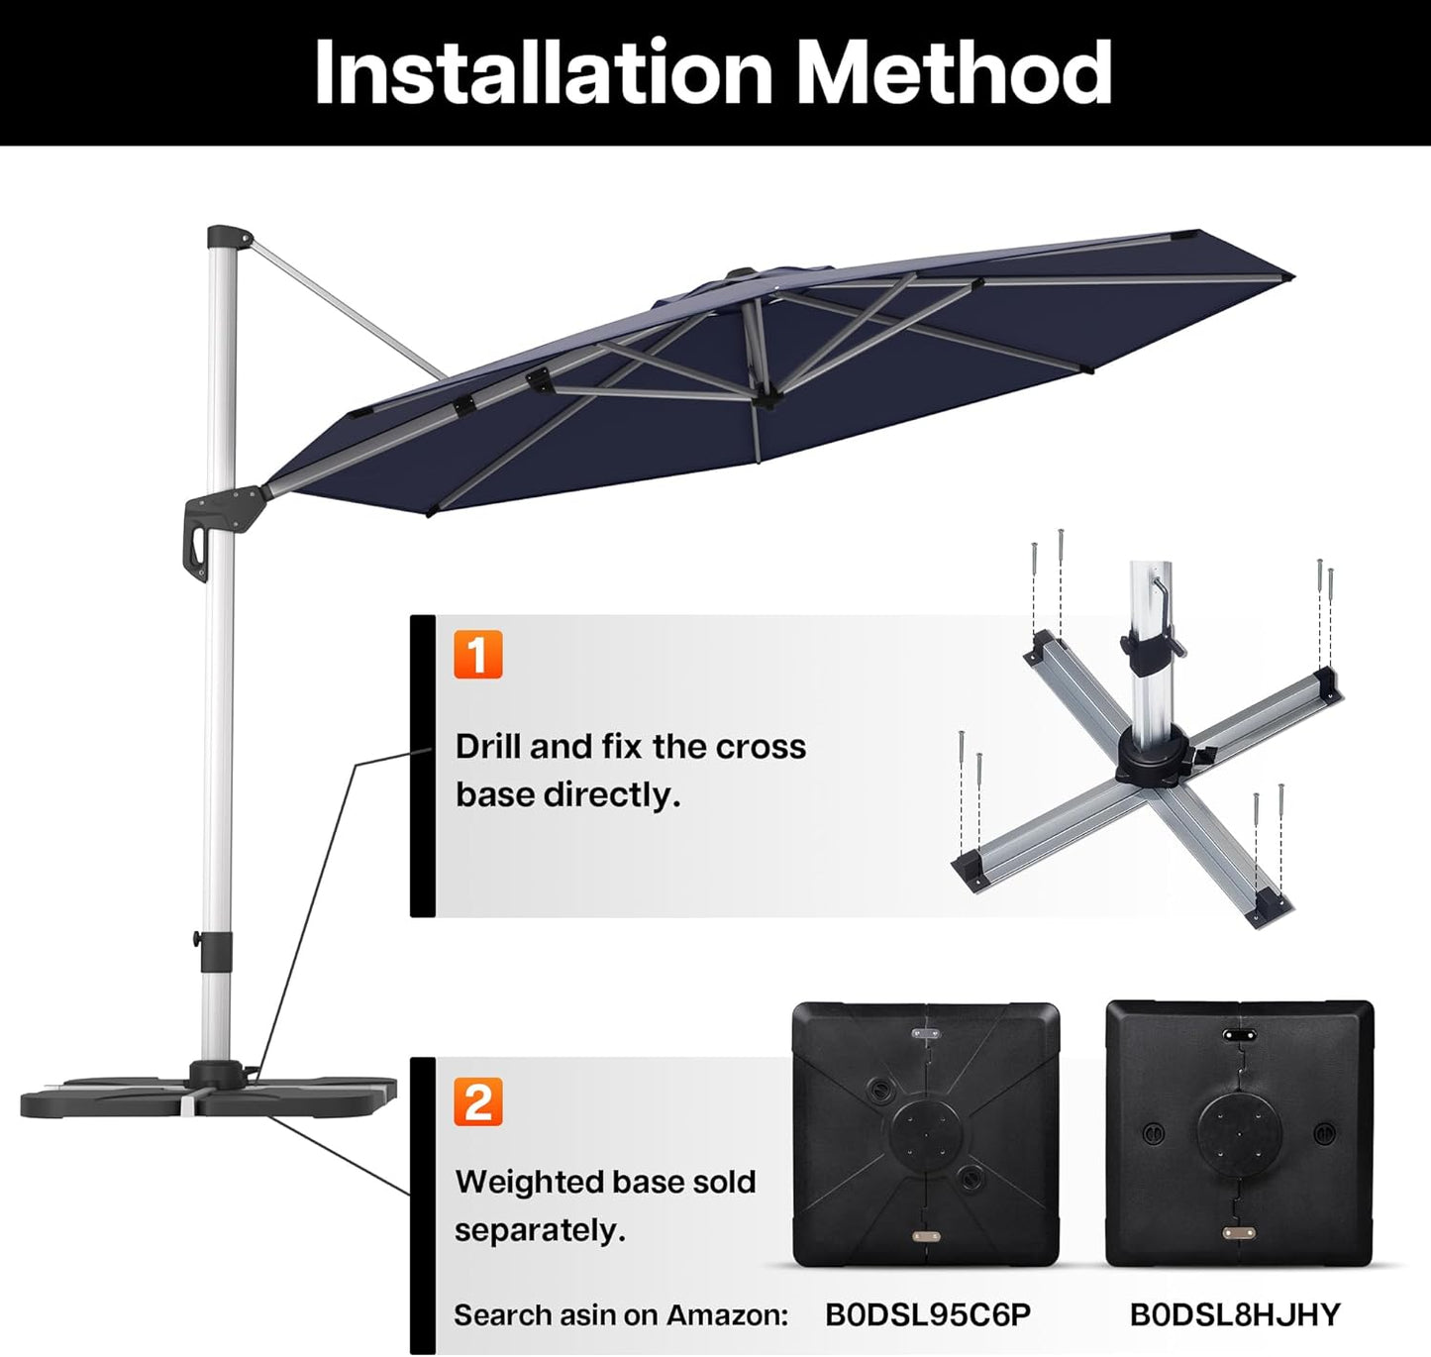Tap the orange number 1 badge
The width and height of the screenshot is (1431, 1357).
[478, 655]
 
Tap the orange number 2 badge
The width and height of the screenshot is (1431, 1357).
[478, 1101]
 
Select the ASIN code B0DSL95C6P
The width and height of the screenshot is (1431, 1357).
[927, 1314]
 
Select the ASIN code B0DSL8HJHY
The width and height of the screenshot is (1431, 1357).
[1234, 1314]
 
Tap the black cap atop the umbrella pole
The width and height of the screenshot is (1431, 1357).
[227, 237]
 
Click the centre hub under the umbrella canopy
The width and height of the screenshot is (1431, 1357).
[764, 398]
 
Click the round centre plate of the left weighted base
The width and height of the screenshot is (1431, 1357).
[925, 1132]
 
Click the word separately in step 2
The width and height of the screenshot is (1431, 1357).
[540, 1231]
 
